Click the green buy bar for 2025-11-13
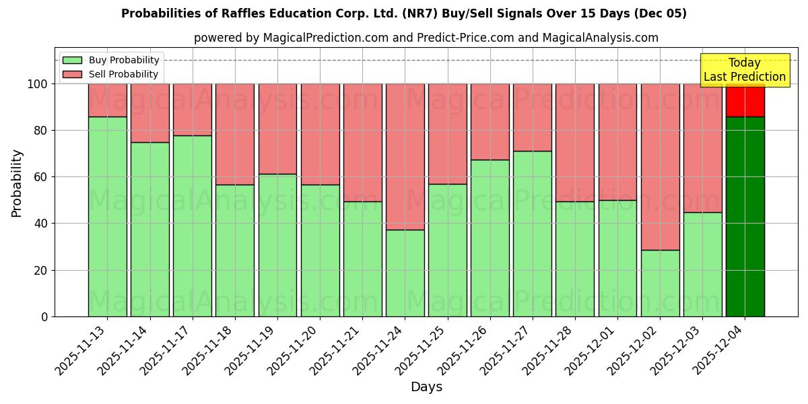point(107,216)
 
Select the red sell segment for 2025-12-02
point(660,166)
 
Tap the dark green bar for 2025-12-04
point(745,216)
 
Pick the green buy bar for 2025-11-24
point(405,273)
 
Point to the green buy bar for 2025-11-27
point(532,233)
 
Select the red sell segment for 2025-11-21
point(362,142)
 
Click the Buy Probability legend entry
point(110,60)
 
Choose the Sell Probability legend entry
point(110,74)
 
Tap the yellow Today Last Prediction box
point(744,70)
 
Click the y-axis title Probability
point(17,182)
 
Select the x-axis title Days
point(426,387)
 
